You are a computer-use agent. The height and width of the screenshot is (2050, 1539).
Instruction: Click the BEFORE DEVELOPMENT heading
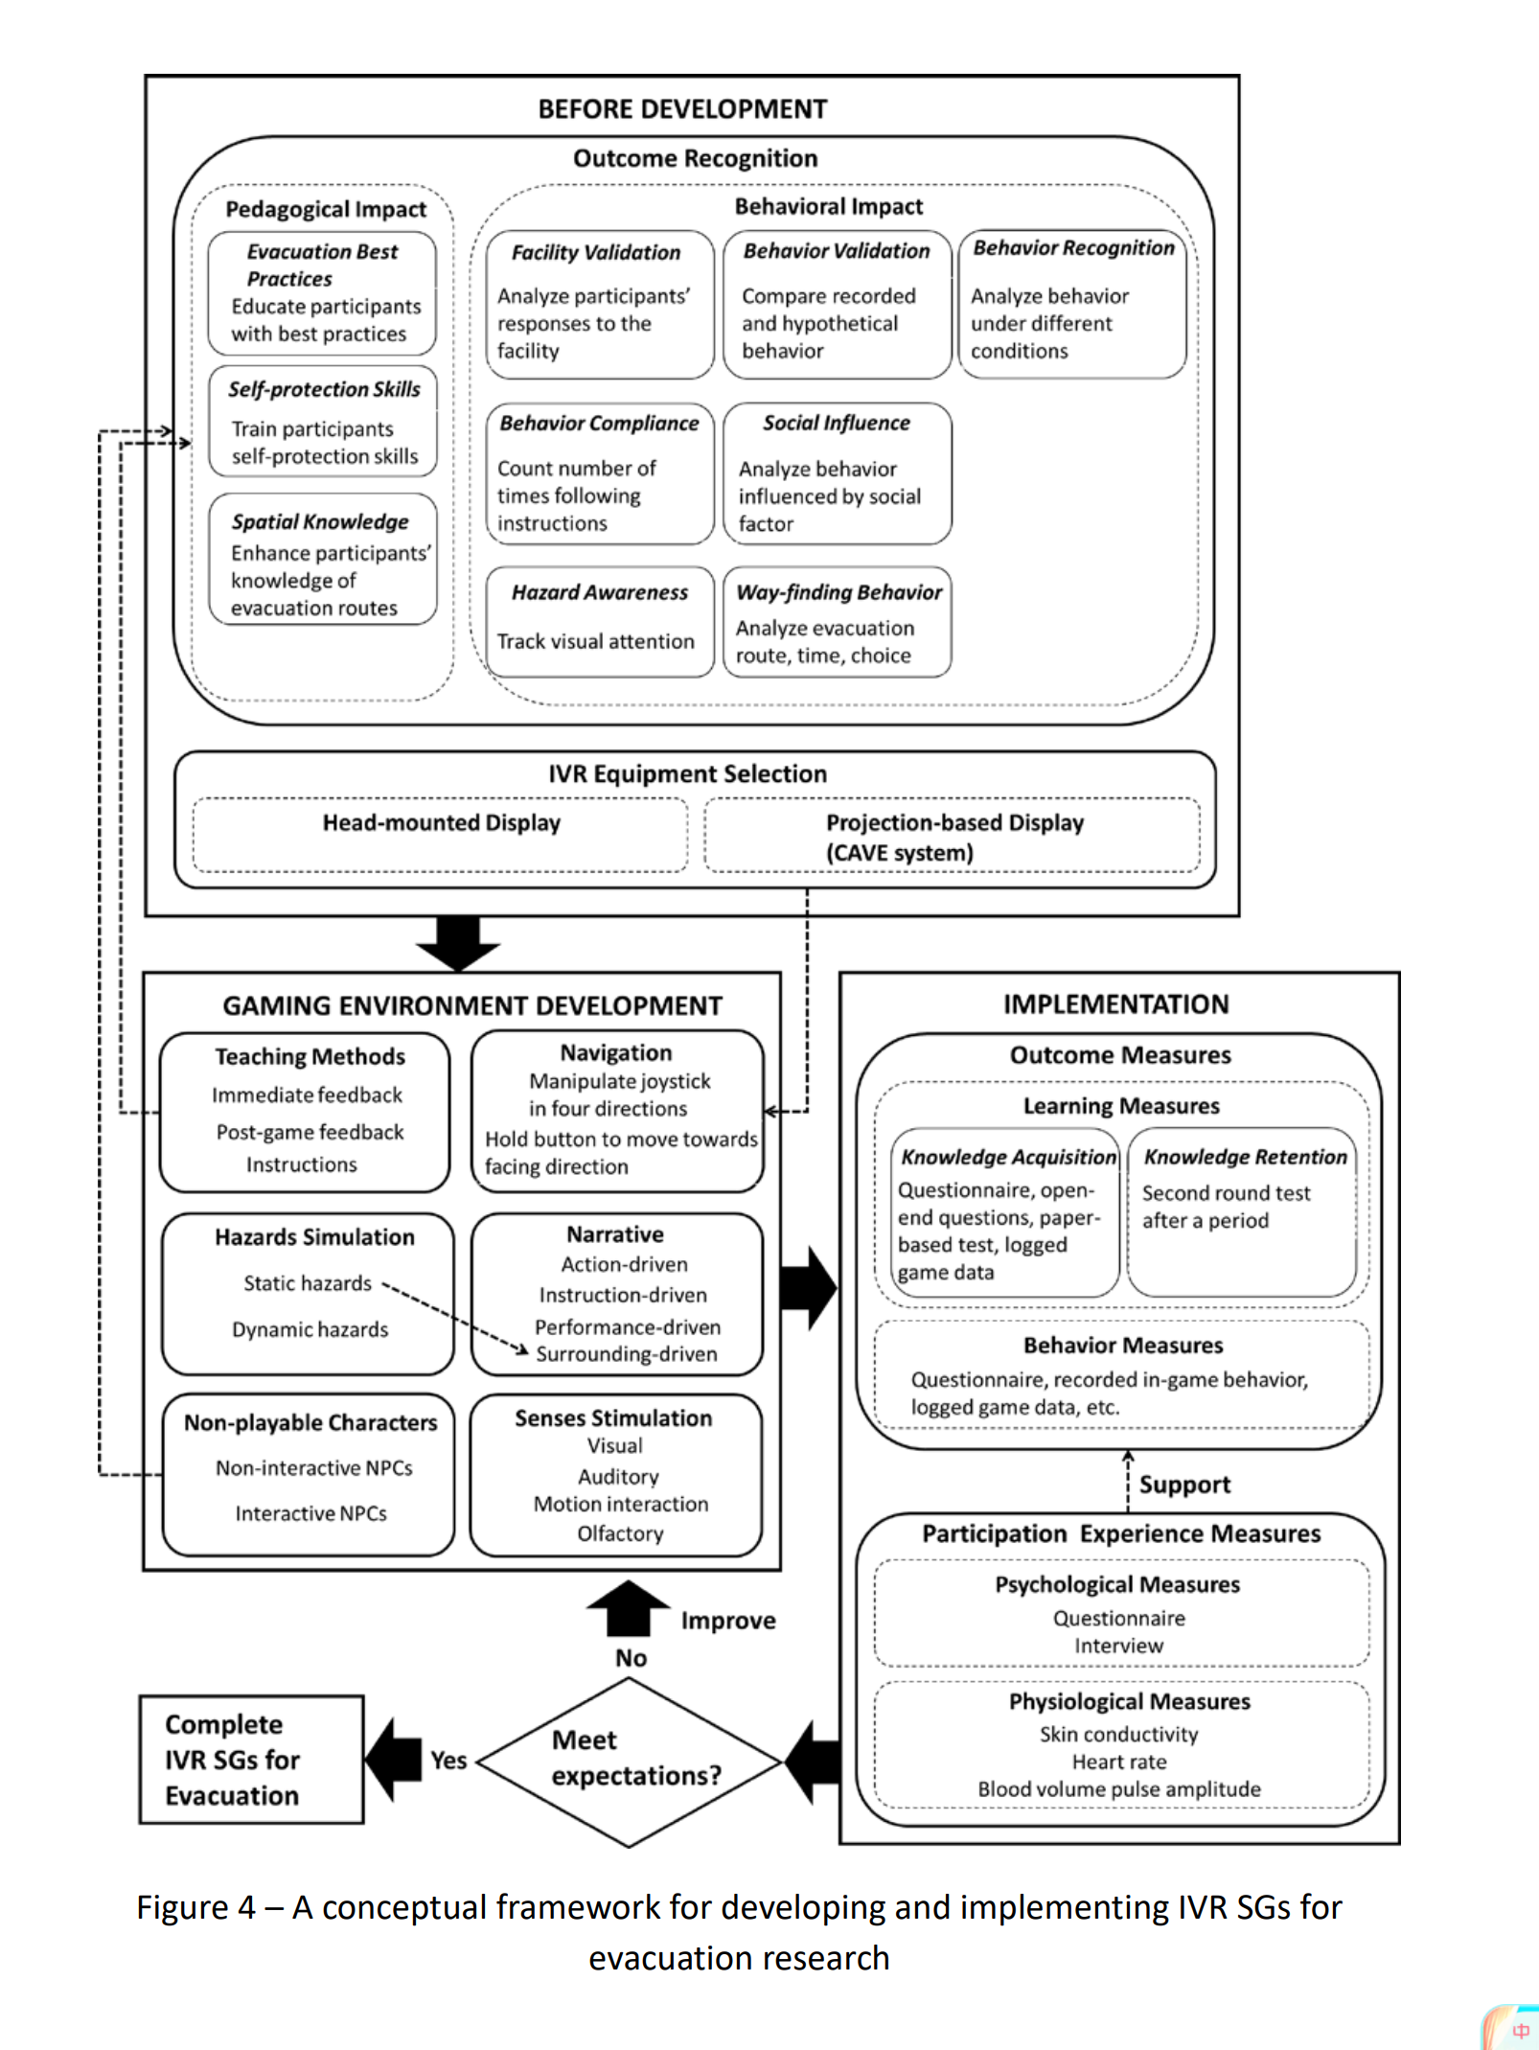tap(682, 109)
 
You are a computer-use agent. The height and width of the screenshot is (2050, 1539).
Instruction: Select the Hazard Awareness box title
tap(600, 592)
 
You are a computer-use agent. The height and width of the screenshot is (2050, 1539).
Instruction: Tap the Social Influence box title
tap(837, 423)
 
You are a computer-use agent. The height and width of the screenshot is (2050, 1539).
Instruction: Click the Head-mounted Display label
tap(441, 822)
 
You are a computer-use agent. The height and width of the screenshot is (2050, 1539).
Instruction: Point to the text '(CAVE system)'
tap(900, 853)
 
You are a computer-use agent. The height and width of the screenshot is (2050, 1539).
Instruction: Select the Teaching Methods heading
tap(310, 1056)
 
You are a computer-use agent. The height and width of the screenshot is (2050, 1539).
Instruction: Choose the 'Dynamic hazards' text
tap(310, 1329)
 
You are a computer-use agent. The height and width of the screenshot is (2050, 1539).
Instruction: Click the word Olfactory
tap(620, 1533)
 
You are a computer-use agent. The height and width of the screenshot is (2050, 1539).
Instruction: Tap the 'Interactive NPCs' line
tap(311, 1513)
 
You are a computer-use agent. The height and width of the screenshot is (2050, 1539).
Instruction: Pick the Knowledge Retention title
tap(1246, 1157)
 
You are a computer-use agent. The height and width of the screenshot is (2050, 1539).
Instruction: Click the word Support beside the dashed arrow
tap(1184, 1485)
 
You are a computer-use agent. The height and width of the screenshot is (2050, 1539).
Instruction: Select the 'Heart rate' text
tap(1119, 1762)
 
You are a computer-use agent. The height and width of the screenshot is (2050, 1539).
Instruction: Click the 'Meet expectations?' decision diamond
tap(630, 1762)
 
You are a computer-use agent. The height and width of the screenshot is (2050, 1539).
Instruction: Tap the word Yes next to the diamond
tap(448, 1761)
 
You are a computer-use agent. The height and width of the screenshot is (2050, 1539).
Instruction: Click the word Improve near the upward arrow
tap(728, 1621)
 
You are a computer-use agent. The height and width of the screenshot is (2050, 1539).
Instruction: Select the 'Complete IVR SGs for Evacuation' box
tap(251, 1760)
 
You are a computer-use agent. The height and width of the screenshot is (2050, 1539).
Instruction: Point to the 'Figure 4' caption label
tap(195, 1907)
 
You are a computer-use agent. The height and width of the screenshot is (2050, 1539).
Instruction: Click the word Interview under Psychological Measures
tap(1118, 1646)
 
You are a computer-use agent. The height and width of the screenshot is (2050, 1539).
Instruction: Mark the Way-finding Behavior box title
tap(839, 592)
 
